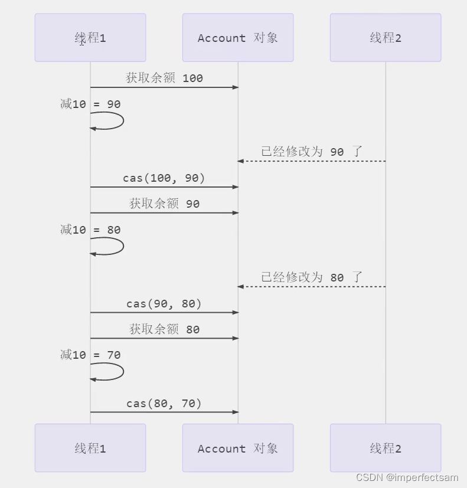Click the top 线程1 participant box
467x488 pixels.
pyautogui.click(x=90, y=38)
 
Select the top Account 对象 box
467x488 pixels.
pyautogui.click(x=237, y=38)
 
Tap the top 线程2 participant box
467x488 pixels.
pyautogui.click(x=386, y=38)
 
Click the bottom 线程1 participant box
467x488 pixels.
pyautogui.click(x=90, y=448)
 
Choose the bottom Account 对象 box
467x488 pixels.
pyautogui.click(x=237, y=448)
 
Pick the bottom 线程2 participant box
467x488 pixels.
pyautogui.click(x=386, y=448)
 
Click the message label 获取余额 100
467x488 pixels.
pyautogui.click(x=164, y=78)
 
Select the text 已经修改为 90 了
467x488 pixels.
pyautogui.click(x=312, y=152)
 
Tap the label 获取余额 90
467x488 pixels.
pyautogui.click(x=164, y=204)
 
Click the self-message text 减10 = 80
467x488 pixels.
pyautogui.click(x=90, y=230)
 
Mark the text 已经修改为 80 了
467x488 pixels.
pyautogui.click(x=312, y=277)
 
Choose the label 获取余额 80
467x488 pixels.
pyautogui.click(x=164, y=329)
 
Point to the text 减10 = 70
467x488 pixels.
pyautogui.click(x=90, y=355)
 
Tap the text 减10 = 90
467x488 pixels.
pyautogui.click(x=90, y=104)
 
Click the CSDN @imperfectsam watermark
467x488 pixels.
pyautogui.click(x=407, y=477)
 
